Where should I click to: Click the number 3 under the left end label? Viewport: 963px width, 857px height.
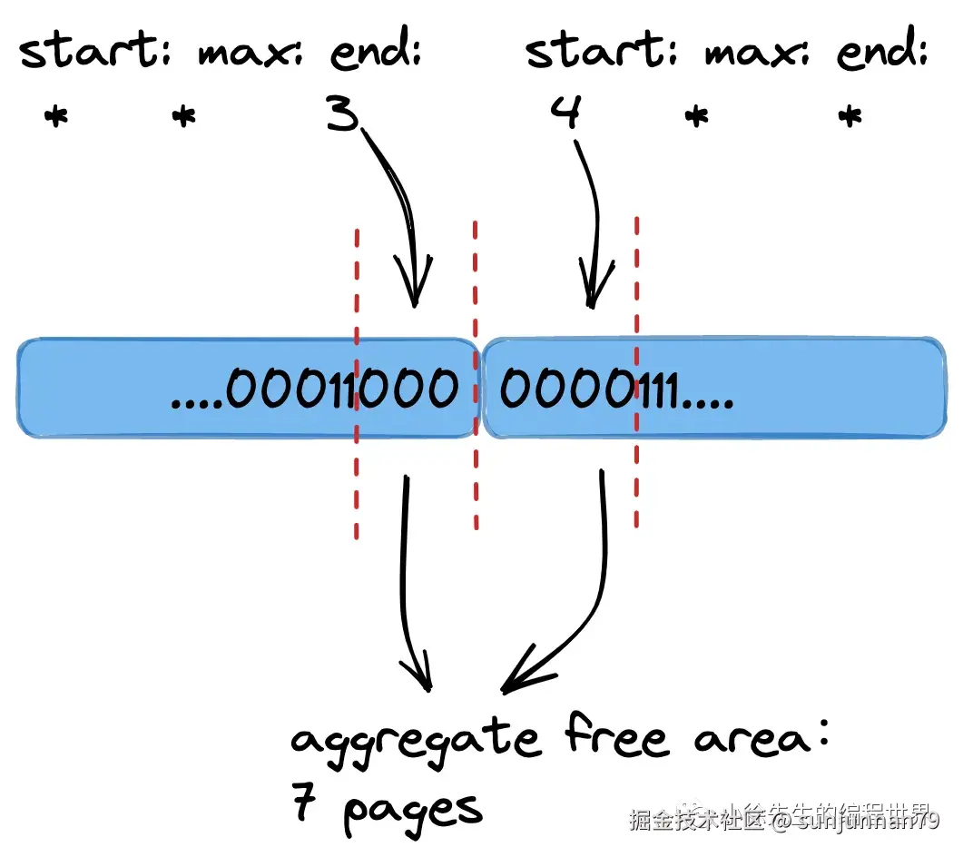coord(343,116)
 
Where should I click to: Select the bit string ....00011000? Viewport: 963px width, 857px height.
coord(314,389)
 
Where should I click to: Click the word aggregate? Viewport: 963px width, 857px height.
coord(414,741)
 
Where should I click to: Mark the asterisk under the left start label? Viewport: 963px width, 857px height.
coord(55,117)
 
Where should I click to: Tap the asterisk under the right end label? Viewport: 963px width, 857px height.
coord(850,117)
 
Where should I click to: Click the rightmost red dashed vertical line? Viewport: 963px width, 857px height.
coord(637,372)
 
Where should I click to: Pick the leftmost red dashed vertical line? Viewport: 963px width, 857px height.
coord(357,381)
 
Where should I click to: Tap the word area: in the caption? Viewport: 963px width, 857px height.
coord(762,738)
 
